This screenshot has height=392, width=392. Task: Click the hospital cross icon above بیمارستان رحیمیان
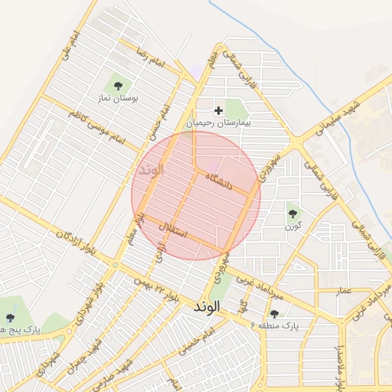tap(219, 110)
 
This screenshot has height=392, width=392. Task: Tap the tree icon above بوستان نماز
tap(119, 86)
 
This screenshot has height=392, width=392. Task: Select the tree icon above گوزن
tap(292, 214)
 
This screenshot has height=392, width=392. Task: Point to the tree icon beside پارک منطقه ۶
tap(274, 313)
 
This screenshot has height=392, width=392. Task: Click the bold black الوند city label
tap(207, 305)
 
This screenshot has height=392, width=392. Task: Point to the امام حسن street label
tap(159, 123)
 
